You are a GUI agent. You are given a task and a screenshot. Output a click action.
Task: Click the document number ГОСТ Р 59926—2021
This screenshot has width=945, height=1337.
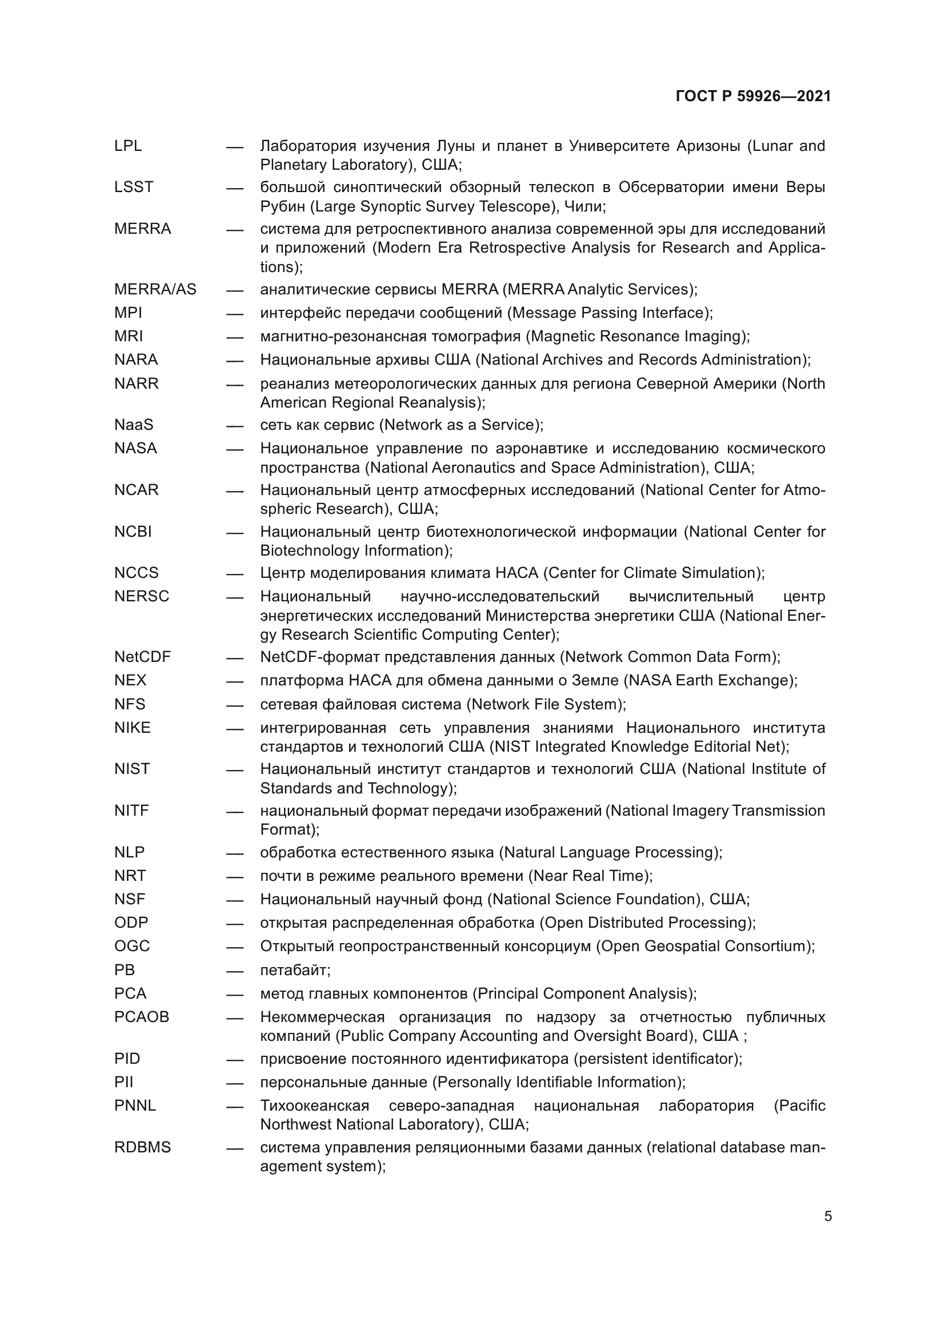[x=753, y=97]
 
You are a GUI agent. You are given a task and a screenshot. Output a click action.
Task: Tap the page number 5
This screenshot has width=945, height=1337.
[x=827, y=1216]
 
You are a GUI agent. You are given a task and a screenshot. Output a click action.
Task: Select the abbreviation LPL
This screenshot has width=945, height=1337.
[x=128, y=146]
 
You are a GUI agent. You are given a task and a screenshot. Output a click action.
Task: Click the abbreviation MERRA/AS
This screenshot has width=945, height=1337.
[x=155, y=289]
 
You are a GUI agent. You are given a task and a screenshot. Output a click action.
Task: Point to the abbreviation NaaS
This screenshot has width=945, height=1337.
[x=134, y=425]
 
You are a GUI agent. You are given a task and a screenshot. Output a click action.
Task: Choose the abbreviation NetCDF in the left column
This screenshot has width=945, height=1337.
[x=143, y=657]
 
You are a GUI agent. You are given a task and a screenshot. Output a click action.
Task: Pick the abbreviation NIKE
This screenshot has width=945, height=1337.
[x=132, y=727]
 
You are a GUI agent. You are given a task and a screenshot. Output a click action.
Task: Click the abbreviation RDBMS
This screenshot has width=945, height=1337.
[x=143, y=1147]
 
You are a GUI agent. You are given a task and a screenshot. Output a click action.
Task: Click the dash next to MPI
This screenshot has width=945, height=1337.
[x=234, y=314]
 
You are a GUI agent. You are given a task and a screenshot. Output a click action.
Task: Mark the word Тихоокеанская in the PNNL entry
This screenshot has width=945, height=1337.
[x=315, y=1105]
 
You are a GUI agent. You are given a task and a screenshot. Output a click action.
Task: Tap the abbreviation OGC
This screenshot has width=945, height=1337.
[x=132, y=945]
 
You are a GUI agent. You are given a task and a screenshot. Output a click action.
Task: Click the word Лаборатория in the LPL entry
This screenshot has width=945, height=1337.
[x=308, y=146]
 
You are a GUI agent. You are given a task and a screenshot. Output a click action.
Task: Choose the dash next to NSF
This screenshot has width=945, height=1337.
[x=234, y=900]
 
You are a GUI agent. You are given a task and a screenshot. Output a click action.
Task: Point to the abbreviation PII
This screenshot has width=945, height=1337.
[x=123, y=1082]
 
